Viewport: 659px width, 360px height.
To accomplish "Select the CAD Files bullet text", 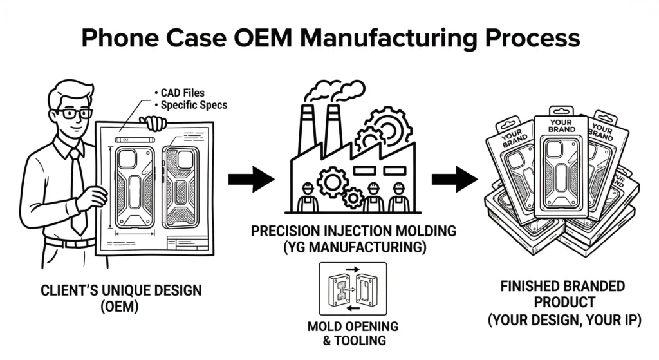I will (x=181, y=93).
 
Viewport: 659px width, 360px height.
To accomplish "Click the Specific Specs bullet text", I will (x=193, y=104).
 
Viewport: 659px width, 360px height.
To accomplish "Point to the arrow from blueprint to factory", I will (x=251, y=178).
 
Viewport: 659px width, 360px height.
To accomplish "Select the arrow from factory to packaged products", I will (x=454, y=178).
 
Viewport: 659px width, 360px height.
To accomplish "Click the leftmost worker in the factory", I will (x=308, y=198).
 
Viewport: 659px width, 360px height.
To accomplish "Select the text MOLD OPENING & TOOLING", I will (x=353, y=333).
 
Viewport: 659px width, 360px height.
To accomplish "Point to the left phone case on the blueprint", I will (x=135, y=187).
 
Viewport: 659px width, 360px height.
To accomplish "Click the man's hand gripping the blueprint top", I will (x=153, y=122).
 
